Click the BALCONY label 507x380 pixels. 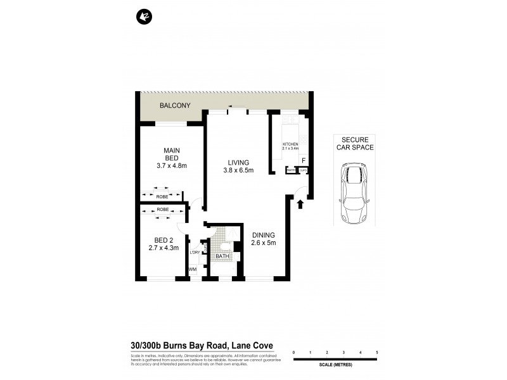175,106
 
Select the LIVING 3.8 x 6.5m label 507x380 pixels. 238,166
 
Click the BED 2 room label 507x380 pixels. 164,244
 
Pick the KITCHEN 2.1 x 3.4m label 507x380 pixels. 290,147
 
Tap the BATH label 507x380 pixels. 222,257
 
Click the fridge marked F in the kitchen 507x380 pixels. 304,161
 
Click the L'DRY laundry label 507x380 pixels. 194,253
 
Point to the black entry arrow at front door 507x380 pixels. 300,203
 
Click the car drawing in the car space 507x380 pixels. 354,193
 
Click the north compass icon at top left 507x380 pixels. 143,16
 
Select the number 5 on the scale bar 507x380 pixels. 376,351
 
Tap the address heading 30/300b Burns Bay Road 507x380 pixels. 202,346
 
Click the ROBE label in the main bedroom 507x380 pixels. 163,197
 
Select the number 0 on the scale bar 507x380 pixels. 293,351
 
